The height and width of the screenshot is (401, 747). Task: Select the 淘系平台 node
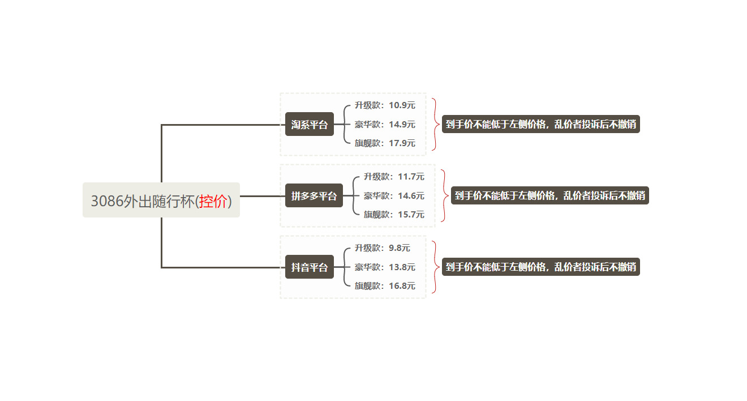coord(310,125)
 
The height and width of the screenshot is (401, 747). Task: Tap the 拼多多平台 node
coord(314,196)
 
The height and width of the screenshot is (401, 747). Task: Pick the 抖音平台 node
coord(310,267)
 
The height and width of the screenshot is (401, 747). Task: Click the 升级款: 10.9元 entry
coord(385,105)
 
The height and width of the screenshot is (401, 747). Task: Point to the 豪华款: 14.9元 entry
coord(385,124)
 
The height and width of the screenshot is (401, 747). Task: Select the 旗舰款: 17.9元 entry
coord(385,143)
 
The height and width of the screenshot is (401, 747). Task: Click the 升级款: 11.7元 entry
coord(394,177)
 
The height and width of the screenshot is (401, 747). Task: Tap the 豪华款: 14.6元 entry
coord(394,196)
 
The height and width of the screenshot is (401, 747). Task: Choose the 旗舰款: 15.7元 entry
coord(394,215)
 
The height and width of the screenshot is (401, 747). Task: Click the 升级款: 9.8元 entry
coord(383,248)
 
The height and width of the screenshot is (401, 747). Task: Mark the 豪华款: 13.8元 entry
coord(385,267)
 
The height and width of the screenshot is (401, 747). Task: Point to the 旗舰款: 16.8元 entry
coord(385,286)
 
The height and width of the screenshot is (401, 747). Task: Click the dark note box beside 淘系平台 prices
coord(540,124)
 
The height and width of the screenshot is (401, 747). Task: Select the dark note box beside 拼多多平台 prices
coord(549,196)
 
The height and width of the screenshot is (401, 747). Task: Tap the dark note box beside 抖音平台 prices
coord(540,267)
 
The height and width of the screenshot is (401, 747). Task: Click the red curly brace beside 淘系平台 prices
coord(435,124)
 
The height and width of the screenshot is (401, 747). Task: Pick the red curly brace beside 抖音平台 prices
coord(435,267)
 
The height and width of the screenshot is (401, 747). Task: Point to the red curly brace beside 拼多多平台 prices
coord(444,196)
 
